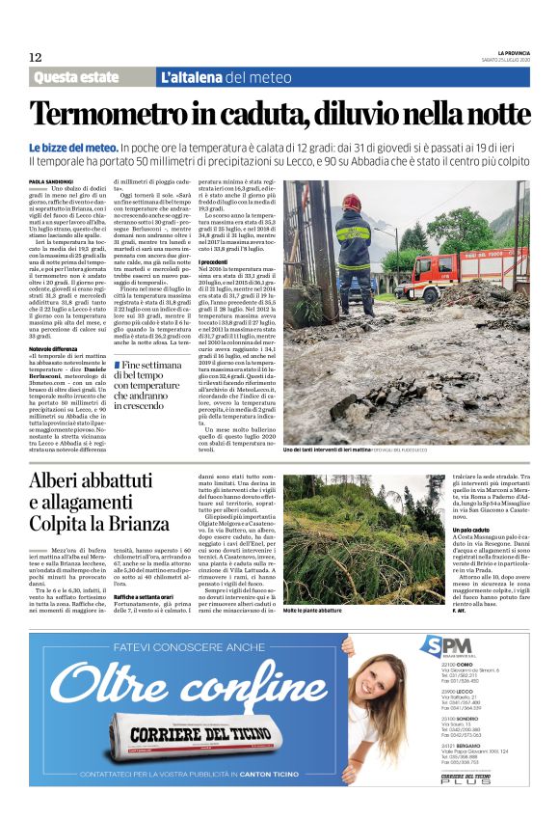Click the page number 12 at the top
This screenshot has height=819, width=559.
coord(35,57)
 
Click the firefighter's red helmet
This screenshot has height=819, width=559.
coord(354,202)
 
